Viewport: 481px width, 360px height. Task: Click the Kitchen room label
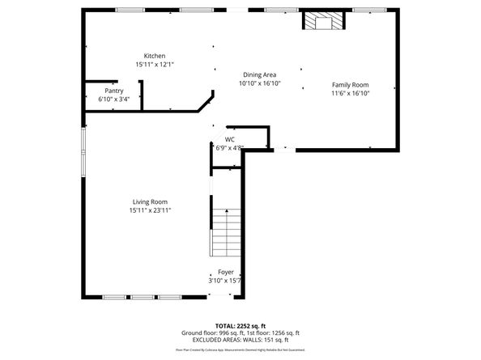(x=155, y=56)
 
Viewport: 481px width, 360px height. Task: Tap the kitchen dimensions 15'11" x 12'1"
(x=155, y=64)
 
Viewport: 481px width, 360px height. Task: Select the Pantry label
(x=113, y=91)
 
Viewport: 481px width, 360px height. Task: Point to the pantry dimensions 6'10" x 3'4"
(x=113, y=99)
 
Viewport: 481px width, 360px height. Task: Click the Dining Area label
(x=259, y=74)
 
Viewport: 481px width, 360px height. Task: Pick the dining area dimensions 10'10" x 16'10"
(x=259, y=83)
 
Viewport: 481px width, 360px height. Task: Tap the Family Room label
(x=350, y=85)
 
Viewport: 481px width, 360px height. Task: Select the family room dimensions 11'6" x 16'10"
(x=350, y=93)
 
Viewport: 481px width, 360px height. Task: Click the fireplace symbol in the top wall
(x=324, y=22)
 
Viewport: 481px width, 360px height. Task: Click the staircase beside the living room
(x=226, y=231)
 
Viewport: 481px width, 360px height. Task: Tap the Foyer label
(x=226, y=273)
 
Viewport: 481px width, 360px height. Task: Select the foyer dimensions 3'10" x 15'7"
(x=226, y=281)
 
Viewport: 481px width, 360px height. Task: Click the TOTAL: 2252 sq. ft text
(x=240, y=324)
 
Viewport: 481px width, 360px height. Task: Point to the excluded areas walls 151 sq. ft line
(x=240, y=340)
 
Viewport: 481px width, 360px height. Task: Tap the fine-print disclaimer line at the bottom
(x=240, y=350)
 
